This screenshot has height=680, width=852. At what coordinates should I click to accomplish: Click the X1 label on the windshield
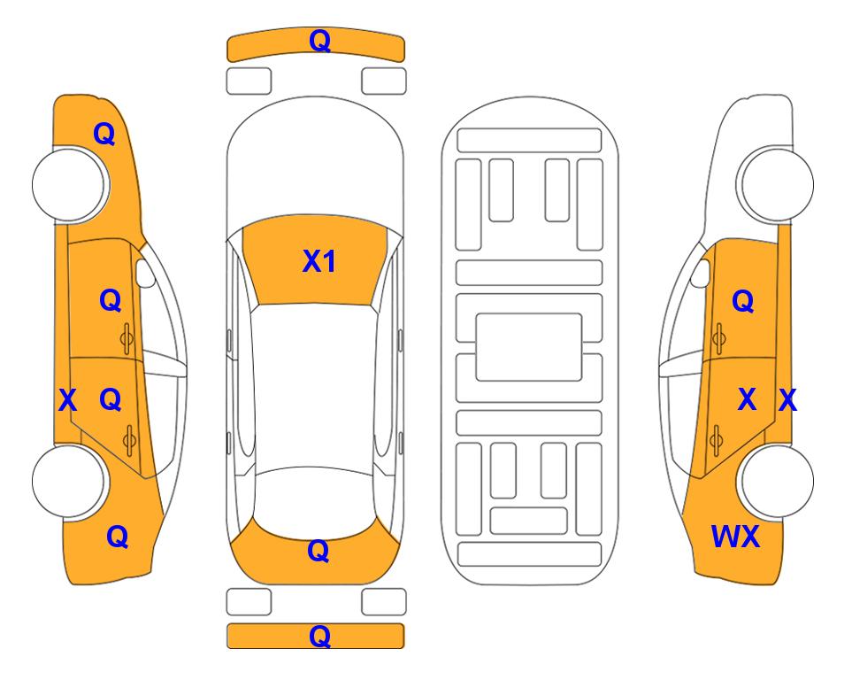coord(319,261)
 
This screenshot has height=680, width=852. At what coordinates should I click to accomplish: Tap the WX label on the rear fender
coord(735,537)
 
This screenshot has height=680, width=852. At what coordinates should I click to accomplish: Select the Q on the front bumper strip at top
coord(319,41)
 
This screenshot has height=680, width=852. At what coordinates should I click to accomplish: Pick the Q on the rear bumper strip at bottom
coord(319,636)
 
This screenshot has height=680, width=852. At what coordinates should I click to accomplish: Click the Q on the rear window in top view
coord(318,551)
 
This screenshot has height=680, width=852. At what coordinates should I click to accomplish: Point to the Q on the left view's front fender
coord(104,134)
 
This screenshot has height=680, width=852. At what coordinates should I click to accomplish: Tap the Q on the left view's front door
coord(111,300)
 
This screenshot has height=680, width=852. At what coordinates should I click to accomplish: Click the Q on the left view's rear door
coord(111,399)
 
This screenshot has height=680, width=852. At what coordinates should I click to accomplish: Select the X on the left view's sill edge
coord(67,400)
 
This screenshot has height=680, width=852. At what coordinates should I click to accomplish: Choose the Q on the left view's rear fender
coord(117,537)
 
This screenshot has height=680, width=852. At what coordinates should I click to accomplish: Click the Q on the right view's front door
coord(743,300)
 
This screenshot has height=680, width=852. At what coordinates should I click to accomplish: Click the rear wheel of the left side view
coord(68,481)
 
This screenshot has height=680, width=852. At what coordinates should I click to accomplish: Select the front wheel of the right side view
coord(777,184)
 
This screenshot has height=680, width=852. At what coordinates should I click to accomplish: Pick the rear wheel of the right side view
coord(777,481)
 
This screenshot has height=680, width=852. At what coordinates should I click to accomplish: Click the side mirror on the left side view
coord(144,273)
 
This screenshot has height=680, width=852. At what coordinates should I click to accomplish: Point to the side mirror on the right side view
coord(701,273)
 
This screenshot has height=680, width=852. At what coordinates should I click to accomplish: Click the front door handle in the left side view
coord(127,339)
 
